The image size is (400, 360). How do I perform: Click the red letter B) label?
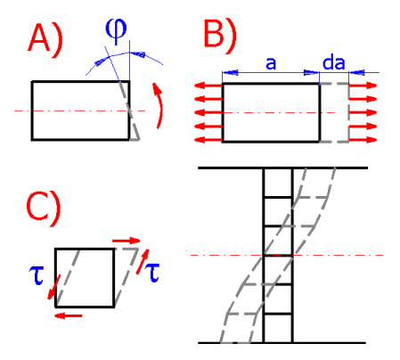220,37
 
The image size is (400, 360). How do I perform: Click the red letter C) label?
44,209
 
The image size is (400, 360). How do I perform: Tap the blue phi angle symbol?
116,30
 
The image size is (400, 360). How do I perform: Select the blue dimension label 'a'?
271,63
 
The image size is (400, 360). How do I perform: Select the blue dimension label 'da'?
333,62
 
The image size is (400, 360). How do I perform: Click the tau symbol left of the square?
37,275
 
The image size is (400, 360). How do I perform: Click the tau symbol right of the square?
151,273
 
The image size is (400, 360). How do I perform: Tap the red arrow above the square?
126,241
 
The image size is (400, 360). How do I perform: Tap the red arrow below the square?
69,315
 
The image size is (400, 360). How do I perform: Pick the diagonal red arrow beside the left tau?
54,287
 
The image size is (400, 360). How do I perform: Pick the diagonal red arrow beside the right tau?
143,262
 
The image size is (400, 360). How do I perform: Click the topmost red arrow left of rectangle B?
208,86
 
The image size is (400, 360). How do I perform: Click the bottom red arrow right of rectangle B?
363,140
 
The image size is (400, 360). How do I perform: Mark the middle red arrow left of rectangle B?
208,113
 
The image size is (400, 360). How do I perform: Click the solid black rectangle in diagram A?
32,110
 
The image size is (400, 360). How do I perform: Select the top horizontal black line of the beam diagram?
283,168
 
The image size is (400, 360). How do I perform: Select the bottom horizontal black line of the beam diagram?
282,343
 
